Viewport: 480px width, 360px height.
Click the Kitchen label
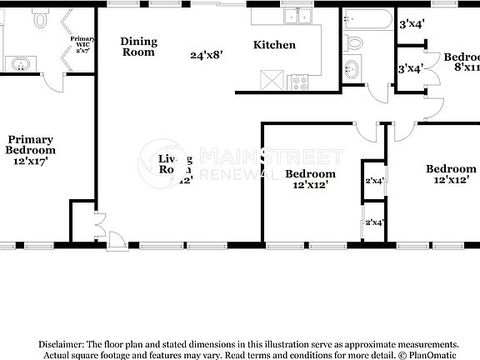click(274, 45)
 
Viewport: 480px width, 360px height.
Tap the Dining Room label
click(137, 47)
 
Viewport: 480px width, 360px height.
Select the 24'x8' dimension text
click(206, 55)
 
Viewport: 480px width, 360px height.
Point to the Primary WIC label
click(81, 44)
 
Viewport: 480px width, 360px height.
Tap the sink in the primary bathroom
click(19, 64)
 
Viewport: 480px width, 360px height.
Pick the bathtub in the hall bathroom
click(366, 17)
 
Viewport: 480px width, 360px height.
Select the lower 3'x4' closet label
click(410, 68)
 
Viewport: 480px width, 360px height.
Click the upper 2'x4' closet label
click(374, 181)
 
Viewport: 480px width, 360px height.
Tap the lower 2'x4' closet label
click(374, 222)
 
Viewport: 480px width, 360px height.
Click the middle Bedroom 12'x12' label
click(310, 179)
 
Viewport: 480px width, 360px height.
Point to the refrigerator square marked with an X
click(268, 80)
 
